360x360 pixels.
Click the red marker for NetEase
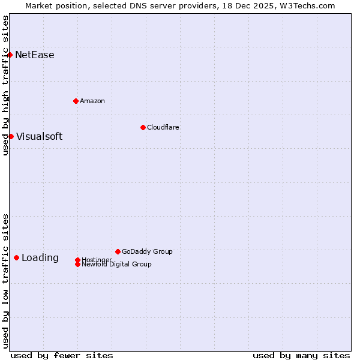click(10, 55)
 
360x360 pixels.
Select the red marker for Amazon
click(76, 101)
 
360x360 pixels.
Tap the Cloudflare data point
click(143, 127)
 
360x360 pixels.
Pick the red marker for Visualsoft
click(11, 136)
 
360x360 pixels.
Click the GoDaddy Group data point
click(118, 251)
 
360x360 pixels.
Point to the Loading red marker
click(16, 257)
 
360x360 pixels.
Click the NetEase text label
click(35, 55)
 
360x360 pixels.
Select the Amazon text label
click(92, 101)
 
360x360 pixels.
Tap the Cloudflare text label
click(163, 127)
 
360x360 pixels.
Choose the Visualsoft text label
click(39, 136)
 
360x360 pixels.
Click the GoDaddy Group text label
click(147, 251)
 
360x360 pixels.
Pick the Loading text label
click(40, 258)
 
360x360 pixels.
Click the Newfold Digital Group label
click(117, 265)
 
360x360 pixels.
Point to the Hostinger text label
click(97, 259)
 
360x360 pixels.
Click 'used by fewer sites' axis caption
click(62, 355)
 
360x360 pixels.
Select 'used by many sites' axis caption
click(301, 355)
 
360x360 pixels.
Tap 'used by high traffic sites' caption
click(5, 85)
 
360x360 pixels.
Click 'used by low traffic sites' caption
click(5, 280)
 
